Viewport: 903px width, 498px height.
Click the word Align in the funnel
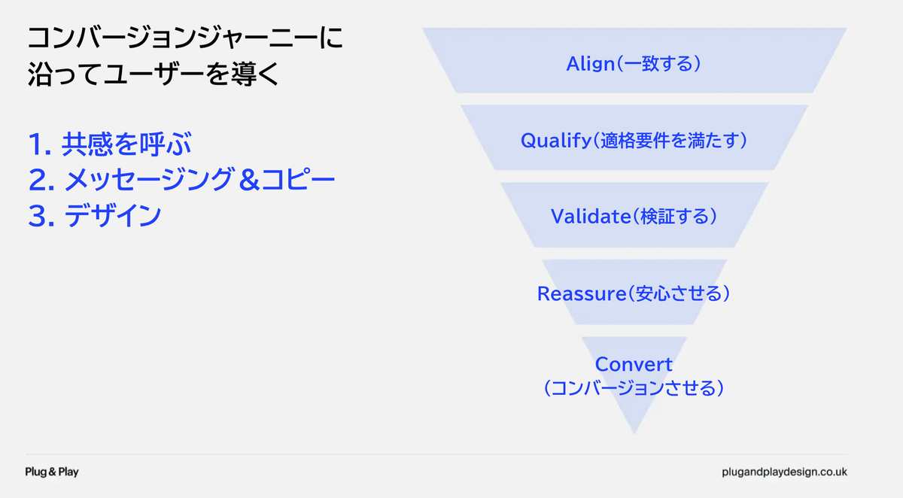coord(591,64)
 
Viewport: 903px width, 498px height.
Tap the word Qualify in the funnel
coord(556,141)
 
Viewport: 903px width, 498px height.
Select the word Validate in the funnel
coord(591,217)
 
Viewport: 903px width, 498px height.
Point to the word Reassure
coord(581,293)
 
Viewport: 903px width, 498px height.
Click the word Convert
coord(634,365)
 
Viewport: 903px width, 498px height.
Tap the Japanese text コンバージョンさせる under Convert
coord(633,388)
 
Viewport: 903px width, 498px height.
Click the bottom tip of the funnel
coord(634,433)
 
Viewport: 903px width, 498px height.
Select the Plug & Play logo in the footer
coord(52,472)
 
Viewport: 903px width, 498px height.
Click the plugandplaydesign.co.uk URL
coord(784,472)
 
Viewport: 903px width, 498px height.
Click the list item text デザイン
coord(113,215)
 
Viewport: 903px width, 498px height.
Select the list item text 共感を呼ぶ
coord(126,144)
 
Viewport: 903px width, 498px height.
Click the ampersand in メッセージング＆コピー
coord(249,180)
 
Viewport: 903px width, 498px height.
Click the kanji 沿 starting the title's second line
coord(40,74)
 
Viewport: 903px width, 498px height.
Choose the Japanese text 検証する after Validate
coord(675,217)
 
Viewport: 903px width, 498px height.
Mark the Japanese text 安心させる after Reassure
coord(680,293)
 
